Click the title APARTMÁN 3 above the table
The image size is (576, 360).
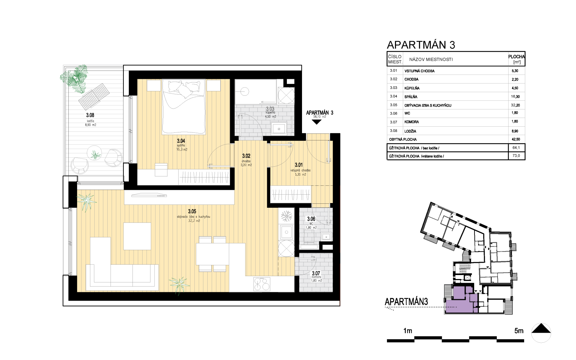420,45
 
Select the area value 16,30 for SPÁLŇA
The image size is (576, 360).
515,96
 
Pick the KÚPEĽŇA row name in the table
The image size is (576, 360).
412,88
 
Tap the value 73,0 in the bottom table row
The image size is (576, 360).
516,156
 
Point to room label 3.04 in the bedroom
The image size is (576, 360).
181,141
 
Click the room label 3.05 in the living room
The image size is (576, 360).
192,212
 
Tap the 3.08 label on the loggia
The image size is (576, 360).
90,115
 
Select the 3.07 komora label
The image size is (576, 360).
316,274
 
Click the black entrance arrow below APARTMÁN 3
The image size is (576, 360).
316,122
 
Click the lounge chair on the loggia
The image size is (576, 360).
94,96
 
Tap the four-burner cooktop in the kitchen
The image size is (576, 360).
262,284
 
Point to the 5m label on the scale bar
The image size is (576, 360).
519,331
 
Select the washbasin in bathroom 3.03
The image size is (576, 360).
279,129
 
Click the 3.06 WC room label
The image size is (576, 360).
311,219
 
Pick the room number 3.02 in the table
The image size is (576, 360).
393,79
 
